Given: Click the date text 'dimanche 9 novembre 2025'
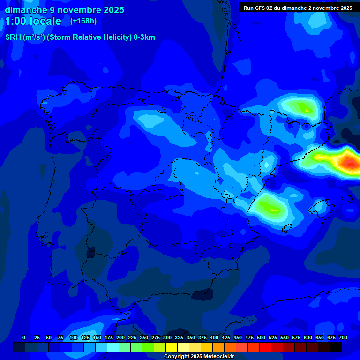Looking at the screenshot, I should pos(64,10).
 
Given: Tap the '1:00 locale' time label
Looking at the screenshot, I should pos(33,21).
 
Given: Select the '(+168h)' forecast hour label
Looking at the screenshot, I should pos(83,21).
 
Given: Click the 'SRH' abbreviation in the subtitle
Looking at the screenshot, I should pos(13,37).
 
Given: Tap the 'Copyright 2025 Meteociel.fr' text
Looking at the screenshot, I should pos(199,356).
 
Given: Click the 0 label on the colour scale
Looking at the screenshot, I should pos(24,337).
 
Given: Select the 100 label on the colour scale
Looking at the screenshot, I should pos(73,337).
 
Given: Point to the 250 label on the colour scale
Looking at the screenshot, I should pos(144,337).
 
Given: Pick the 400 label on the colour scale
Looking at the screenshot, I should pos(214,337).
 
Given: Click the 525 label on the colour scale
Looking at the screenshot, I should pos(273,337).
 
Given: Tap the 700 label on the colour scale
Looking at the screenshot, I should pos(343,337).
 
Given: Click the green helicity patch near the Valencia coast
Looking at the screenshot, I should pos(269,205).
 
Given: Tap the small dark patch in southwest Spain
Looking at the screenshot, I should pos(90,253).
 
